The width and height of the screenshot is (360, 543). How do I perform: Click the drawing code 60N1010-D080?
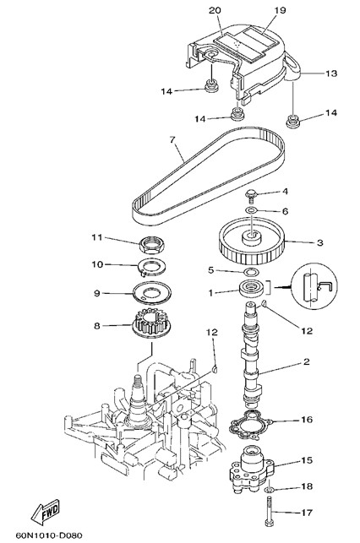pyautogui.click(x=49, y=535)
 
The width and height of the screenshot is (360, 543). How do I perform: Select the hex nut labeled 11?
pyautogui.click(x=151, y=246)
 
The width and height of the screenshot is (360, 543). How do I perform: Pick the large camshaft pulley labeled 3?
pyautogui.click(x=252, y=245)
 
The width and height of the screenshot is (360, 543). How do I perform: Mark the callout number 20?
pyautogui.click(x=215, y=10)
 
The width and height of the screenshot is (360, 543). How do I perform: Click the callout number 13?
pyautogui.click(x=331, y=73)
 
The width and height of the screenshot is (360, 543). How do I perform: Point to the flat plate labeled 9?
pyautogui.click(x=152, y=293)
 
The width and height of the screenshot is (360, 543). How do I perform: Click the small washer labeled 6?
pyautogui.click(x=251, y=209)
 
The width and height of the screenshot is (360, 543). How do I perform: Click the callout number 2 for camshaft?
pyautogui.click(x=306, y=362)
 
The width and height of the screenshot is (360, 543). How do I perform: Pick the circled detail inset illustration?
pyautogui.click(x=314, y=287)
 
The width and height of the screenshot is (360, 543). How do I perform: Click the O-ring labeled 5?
pyautogui.click(x=252, y=271)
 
